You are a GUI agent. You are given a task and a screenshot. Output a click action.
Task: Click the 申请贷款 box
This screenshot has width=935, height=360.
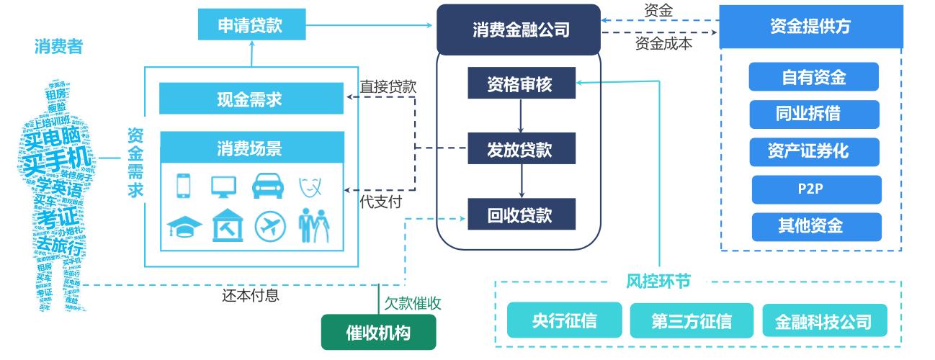pyautogui.click(x=250, y=26)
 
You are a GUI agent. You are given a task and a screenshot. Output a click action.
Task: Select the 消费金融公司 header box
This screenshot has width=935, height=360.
pyautogui.click(x=518, y=30)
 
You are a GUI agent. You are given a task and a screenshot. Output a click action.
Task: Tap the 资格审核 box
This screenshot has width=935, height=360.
pyautogui.click(x=521, y=84)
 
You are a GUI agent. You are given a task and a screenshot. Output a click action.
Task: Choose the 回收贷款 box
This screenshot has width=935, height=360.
pyautogui.click(x=521, y=214)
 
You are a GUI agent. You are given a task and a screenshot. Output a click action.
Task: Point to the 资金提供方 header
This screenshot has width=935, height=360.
pyautogui.click(x=810, y=27)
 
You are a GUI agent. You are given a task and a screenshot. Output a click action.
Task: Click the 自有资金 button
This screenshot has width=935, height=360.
pyautogui.click(x=814, y=77)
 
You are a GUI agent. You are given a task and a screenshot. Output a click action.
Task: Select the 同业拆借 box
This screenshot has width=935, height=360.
pyautogui.click(x=814, y=114)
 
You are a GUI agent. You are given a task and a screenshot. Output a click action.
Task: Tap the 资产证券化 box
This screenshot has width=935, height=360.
pyautogui.click(x=814, y=151)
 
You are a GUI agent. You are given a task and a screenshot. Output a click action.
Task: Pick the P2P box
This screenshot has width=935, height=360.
pyautogui.click(x=816, y=189)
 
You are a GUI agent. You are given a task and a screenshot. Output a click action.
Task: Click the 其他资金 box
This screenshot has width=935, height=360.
pyautogui.click(x=816, y=226)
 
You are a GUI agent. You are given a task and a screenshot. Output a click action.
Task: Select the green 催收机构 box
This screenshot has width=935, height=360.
pyautogui.click(x=379, y=333)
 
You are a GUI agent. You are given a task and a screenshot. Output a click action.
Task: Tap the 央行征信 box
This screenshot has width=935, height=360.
pyautogui.click(x=564, y=320)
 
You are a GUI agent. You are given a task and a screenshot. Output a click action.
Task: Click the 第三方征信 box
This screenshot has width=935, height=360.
pyautogui.click(x=692, y=320)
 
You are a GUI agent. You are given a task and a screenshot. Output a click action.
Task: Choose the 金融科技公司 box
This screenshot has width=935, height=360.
pyautogui.click(x=823, y=320)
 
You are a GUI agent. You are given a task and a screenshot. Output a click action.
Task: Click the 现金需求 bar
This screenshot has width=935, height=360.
pyautogui.click(x=251, y=99)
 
